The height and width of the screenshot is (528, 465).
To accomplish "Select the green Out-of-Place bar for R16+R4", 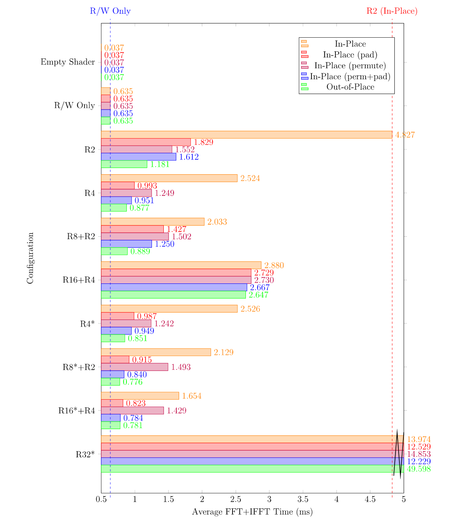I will tap(173, 295).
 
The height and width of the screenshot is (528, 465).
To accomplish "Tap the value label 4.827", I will tap(405, 135).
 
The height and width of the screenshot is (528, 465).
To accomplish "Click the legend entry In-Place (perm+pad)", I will tap(350, 77).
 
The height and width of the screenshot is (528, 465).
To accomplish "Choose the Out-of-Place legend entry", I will tap(350, 87).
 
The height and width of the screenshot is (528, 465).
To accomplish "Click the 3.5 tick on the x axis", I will tap(303, 499).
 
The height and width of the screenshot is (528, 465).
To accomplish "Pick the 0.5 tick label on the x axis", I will tap(101, 499).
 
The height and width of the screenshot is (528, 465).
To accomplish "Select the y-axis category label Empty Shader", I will tap(68, 62).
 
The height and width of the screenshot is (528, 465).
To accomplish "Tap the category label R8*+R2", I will tap(79, 367).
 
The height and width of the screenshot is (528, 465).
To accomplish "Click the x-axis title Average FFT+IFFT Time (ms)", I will tap(252, 512).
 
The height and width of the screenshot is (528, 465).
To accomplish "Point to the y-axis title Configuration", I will tap(30, 258).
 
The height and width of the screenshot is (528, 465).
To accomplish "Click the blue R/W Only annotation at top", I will tap(110, 11).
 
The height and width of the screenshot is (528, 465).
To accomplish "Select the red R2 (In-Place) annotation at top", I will tap(392, 11).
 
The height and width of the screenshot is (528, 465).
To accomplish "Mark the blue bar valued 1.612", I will tap(139, 157).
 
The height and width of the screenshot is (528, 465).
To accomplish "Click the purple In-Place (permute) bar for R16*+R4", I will tap(132, 411).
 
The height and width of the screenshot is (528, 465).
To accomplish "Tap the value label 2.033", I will tap(217, 222).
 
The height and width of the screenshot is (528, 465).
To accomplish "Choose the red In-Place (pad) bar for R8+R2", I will tap(132, 229).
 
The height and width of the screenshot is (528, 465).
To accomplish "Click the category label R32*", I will tap(85, 454).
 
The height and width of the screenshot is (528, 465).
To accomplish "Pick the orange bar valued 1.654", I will tap(140, 396).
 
